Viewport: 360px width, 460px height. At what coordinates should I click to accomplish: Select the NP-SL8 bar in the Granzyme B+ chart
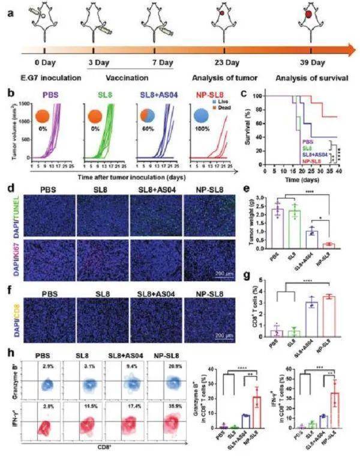coord(257,413)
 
